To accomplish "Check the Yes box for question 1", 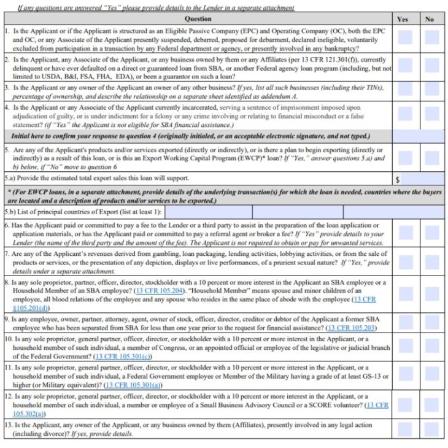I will (405, 38).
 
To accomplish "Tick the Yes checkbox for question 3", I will (405, 91).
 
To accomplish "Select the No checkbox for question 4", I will (432, 114).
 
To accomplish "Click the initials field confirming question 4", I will (418, 136).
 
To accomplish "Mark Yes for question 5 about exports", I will (405, 158).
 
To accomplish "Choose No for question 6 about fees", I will (432, 233).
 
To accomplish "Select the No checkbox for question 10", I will (432, 347).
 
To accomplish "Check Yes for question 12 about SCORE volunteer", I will (405, 404).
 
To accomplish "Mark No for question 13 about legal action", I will (432, 428).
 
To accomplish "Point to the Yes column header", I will (403, 19).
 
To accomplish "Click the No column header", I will (430, 19).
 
